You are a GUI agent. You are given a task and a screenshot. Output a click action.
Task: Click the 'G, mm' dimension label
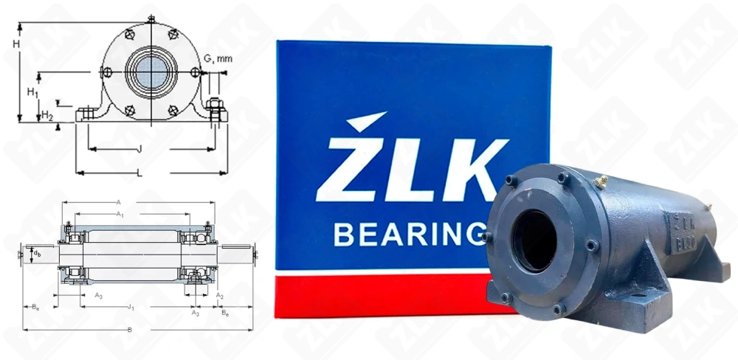coord(218,58)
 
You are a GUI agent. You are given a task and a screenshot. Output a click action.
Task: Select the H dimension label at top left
coord(15,44)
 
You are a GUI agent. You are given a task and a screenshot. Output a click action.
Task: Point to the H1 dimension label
coord(32,91)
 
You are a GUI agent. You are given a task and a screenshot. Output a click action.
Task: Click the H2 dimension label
coord(46,115)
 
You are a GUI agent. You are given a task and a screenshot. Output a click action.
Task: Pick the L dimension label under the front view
coord(139,173)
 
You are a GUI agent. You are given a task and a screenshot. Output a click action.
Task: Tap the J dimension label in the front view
coord(139,149)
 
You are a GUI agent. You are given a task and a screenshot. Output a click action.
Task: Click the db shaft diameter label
coord(36,253)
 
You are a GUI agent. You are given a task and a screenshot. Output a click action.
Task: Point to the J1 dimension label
coord(130,306)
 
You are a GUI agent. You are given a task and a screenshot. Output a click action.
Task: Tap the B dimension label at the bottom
coord(130,329)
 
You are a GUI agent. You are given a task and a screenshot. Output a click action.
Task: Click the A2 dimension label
coord(219,295)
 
